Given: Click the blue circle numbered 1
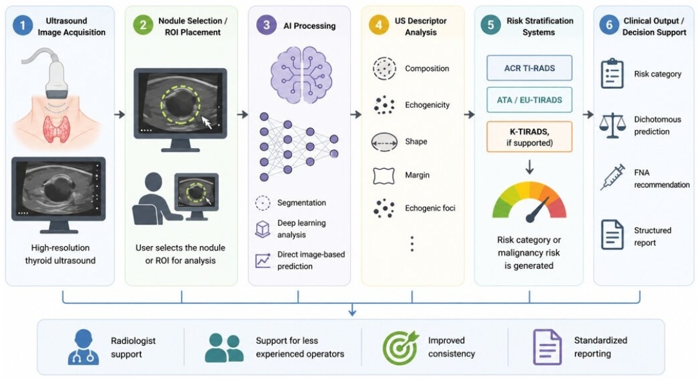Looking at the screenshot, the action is tap(23, 25).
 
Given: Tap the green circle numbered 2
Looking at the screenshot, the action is tap(143, 25).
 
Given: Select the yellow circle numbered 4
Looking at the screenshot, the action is tap(378, 25).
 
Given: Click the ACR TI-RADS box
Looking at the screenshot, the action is tap(529, 68).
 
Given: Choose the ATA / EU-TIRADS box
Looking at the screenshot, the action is tap(529, 100).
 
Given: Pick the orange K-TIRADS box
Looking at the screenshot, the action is tap(529, 137).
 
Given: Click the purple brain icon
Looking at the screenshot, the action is tap(301, 75).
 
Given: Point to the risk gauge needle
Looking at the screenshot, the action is tap(537, 209).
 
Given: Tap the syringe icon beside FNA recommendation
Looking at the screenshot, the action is tap(613, 177).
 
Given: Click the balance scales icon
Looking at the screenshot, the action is tap(613, 126).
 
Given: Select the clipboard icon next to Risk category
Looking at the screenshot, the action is tap(612, 73).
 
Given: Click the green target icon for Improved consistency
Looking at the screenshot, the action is tap(400, 347).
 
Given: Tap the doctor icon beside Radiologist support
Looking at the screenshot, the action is tap(84, 347).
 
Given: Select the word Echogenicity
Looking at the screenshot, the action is tap(427, 105).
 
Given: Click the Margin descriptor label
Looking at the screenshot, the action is tap(417, 175).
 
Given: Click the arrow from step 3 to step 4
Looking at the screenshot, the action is tap(356, 115).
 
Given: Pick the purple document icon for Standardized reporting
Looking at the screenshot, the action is tap(547, 347).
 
